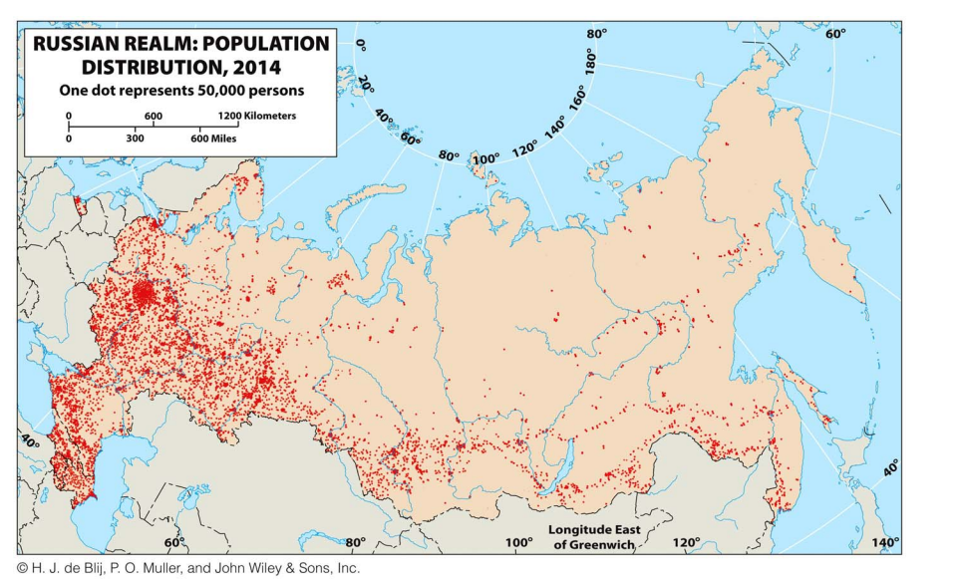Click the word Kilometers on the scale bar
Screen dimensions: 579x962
[262, 116]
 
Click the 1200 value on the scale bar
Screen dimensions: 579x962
[215, 116]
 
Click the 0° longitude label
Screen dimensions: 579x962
[361, 45]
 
